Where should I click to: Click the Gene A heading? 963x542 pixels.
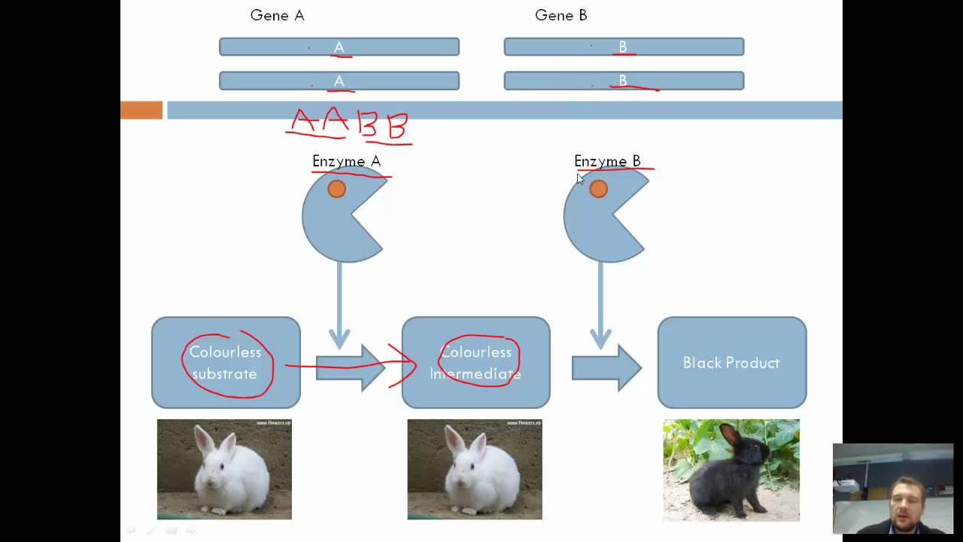(277, 15)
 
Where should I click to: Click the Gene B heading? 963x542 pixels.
(560, 15)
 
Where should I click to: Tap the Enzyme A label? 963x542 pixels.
(346, 161)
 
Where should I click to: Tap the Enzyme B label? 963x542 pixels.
(607, 161)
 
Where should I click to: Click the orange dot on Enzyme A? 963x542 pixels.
(336, 189)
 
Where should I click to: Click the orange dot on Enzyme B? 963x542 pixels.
(598, 189)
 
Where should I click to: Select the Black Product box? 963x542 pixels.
(731, 363)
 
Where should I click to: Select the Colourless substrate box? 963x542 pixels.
(226, 363)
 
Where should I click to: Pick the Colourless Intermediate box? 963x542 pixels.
(475, 363)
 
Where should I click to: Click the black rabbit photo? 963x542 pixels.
(731, 470)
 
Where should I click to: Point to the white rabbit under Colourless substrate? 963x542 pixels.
(224, 469)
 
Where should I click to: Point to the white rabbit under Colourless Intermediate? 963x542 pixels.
(474, 469)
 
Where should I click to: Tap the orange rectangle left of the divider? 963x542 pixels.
(141, 111)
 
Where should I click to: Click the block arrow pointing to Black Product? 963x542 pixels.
(606, 368)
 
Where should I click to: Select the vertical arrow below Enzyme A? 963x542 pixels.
(339, 305)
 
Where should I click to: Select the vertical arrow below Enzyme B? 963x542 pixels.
(600, 305)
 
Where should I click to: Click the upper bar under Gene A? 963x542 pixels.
(339, 47)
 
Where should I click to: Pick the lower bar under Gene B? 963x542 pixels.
(624, 81)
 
